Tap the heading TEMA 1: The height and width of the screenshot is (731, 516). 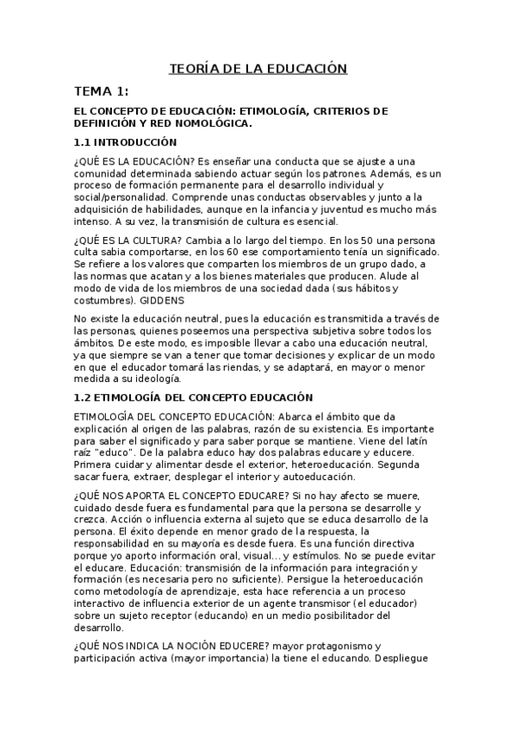101,91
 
